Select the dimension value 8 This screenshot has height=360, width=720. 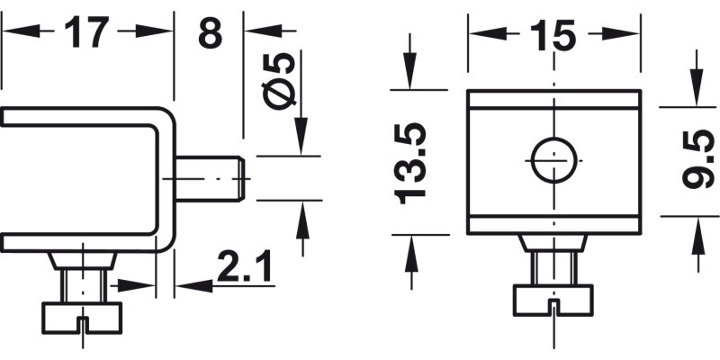coord(209,33)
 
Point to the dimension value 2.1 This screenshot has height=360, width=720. coord(243,267)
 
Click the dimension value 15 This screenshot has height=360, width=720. coord(553,35)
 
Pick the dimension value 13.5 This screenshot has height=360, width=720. coord(409,162)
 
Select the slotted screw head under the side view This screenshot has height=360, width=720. coord(81,315)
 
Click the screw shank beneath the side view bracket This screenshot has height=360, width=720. coord(81,286)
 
